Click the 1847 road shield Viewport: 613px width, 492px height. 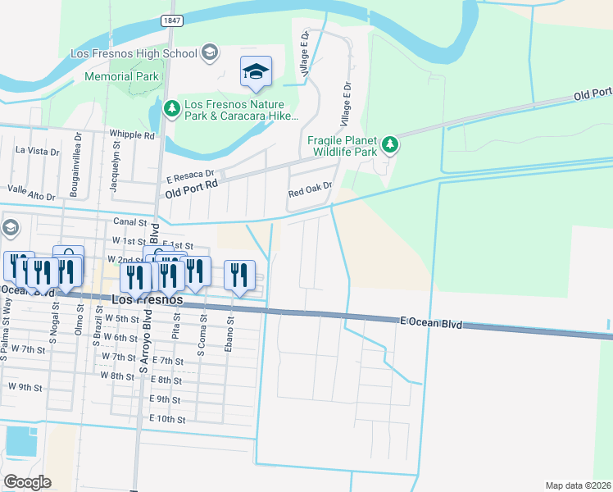[x=170, y=20]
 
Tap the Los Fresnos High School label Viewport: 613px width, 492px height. [x=134, y=53]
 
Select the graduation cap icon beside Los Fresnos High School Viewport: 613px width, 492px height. [x=210, y=53]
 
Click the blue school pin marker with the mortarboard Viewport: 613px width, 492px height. [x=256, y=73]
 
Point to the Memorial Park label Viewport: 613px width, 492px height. [x=121, y=77]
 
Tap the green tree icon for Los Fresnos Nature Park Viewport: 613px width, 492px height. [x=171, y=107]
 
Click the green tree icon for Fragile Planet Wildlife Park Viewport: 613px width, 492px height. [x=391, y=145]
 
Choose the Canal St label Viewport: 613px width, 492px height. [x=129, y=221]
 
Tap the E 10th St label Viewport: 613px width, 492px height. [x=169, y=418]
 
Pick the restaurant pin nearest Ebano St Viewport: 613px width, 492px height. [x=239, y=276]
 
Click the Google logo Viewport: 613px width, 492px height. [x=26, y=482]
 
